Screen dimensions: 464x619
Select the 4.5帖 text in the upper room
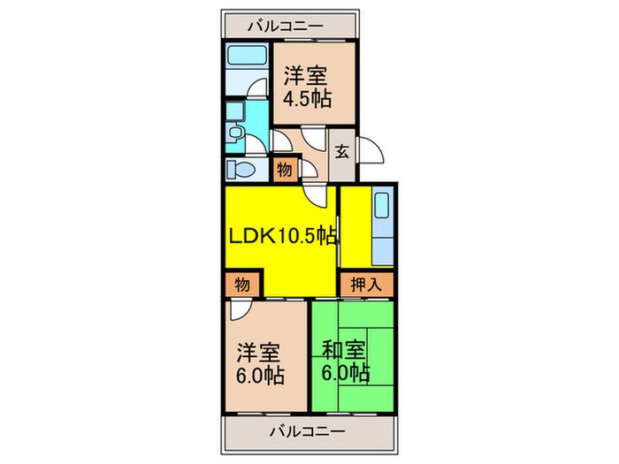(307, 98)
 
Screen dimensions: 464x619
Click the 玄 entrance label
(341, 151)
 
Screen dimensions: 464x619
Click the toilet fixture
(237, 169)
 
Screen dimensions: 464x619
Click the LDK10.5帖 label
(283, 236)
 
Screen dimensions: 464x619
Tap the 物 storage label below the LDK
(241, 285)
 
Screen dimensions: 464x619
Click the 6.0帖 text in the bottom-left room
(259, 377)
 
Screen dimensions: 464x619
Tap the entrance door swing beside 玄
(372, 151)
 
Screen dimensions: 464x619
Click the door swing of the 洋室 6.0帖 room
(241, 312)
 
